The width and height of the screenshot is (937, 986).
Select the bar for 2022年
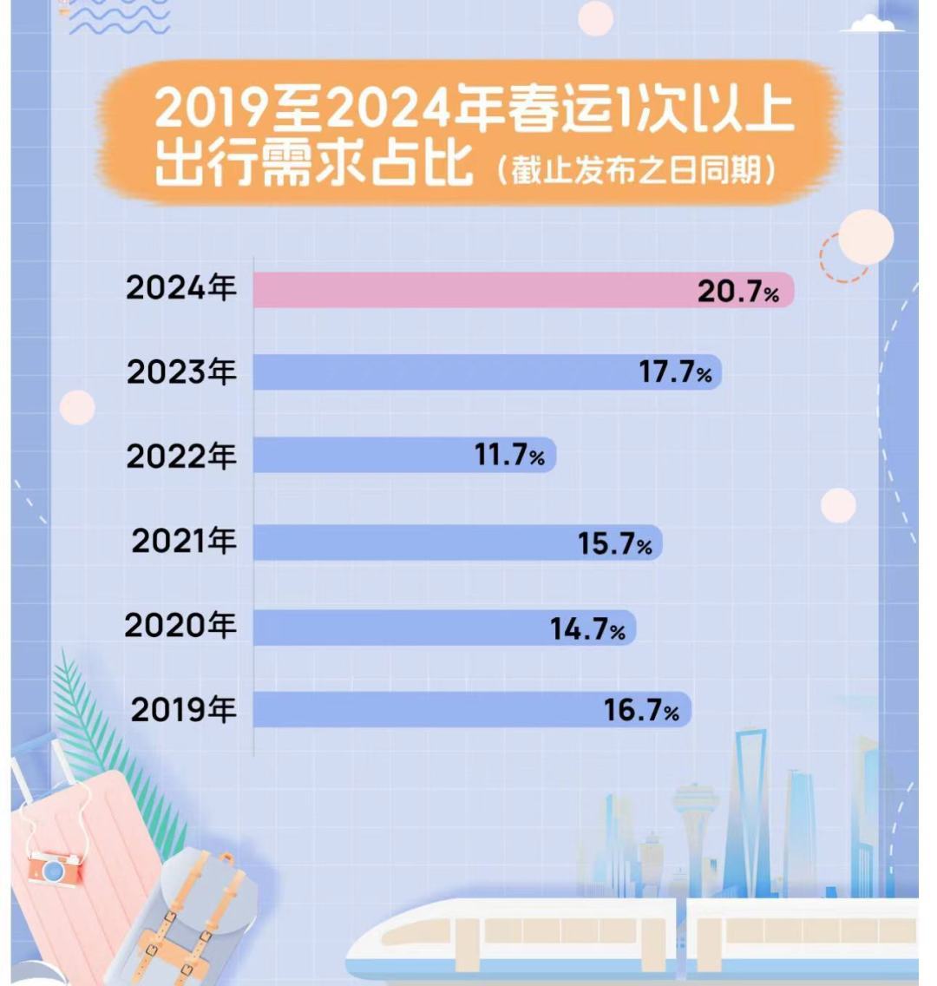tap(364, 455)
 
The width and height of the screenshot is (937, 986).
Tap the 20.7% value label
tap(738, 293)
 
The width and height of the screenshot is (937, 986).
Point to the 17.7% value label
tap(675, 373)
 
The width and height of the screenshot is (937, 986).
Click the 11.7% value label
tap(510, 455)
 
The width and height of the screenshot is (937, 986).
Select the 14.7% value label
tap(587, 628)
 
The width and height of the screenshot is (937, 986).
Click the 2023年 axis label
tap(181, 372)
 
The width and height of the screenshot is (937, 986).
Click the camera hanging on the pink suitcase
tap(54, 864)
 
